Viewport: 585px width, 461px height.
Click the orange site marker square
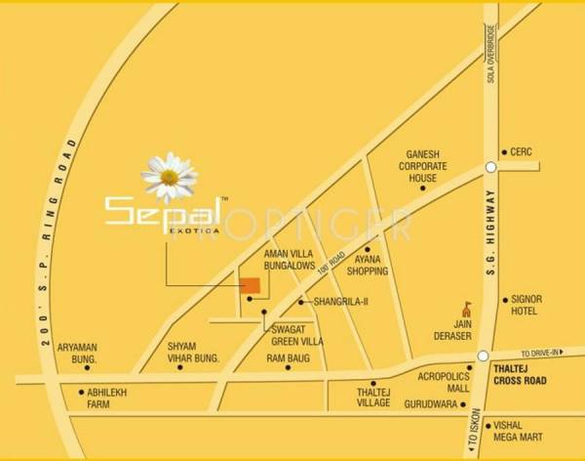[x=251, y=285]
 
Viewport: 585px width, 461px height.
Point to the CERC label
[x=525, y=151]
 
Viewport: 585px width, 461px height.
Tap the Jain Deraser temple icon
[x=466, y=310]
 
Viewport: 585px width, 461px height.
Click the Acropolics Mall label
[x=437, y=380]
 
